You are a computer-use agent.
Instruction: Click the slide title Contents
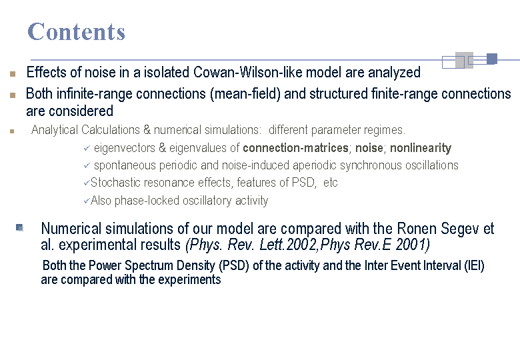(x=76, y=32)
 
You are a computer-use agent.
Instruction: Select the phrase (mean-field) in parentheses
(x=245, y=94)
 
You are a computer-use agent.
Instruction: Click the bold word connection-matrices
(x=295, y=148)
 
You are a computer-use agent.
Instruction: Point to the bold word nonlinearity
(x=421, y=148)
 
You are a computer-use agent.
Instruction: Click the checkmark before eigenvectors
(x=87, y=148)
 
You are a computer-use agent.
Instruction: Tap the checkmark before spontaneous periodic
(x=87, y=165)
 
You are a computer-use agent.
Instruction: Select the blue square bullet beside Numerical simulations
(x=19, y=227)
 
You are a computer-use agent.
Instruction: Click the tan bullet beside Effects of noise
(x=13, y=74)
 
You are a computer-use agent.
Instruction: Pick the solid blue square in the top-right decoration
(x=492, y=59)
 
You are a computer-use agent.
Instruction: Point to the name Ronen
(x=417, y=229)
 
